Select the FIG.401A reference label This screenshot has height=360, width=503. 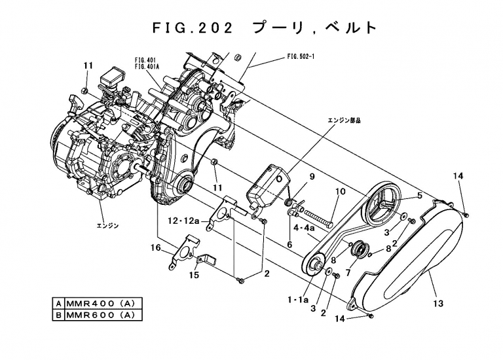pos(147,66)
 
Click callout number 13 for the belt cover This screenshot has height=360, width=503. pos(438,303)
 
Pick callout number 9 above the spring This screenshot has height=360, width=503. pos(312,177)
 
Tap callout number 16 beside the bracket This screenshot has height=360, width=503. pos(156,247)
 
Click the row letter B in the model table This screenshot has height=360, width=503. pos(59,315)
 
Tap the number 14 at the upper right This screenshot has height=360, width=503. pos(458,175)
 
